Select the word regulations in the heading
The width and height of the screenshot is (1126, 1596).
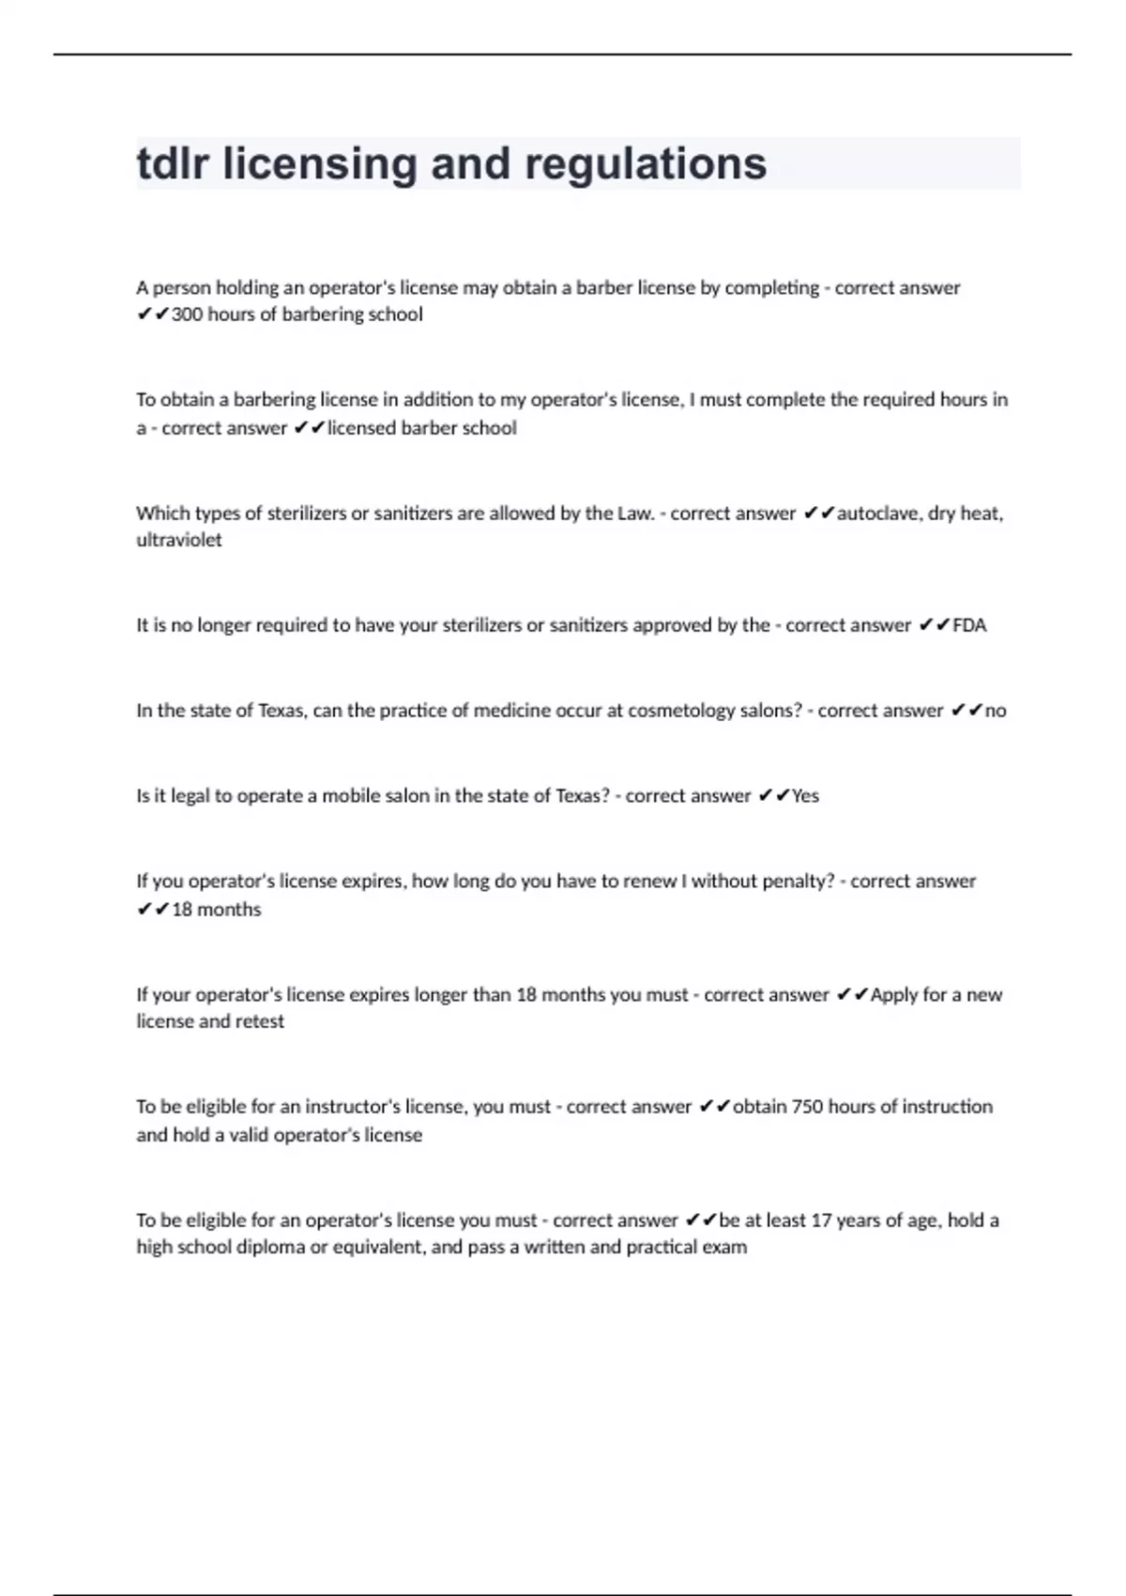(x=646, y=165)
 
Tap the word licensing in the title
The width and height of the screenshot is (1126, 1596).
(x=320, y=165)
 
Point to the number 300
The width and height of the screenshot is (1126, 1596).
(x=187, y=315)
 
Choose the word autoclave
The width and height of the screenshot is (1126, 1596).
(x=876, y=514)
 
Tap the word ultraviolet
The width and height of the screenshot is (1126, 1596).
(x=179, y=541)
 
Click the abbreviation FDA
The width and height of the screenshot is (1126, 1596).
(x=969, y=625)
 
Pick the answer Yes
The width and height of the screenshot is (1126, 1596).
(x=805, y=796)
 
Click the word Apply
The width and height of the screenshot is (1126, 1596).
(x=893, y=995)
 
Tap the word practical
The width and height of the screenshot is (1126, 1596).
(x=661, y=1248)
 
